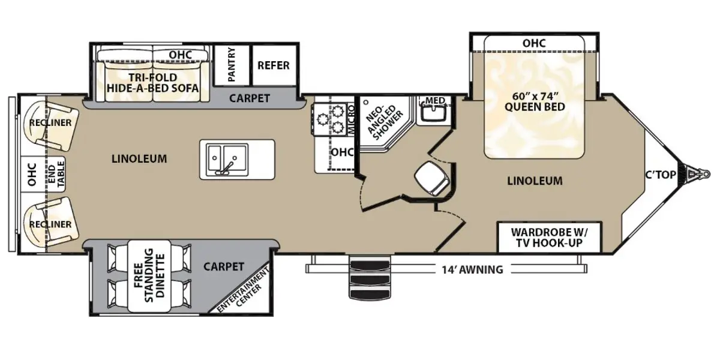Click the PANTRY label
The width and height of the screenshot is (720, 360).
pos(232,65)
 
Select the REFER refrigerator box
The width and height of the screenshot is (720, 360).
pos(273,65)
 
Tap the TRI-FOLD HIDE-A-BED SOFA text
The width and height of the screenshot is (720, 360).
pos(153,82)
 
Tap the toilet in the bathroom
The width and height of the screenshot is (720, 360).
pos(431,177)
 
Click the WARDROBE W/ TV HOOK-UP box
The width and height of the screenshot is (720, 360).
pos(550,238)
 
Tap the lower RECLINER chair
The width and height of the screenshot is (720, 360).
pos(50,224)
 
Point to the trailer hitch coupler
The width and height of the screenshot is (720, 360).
pos(694,174)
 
